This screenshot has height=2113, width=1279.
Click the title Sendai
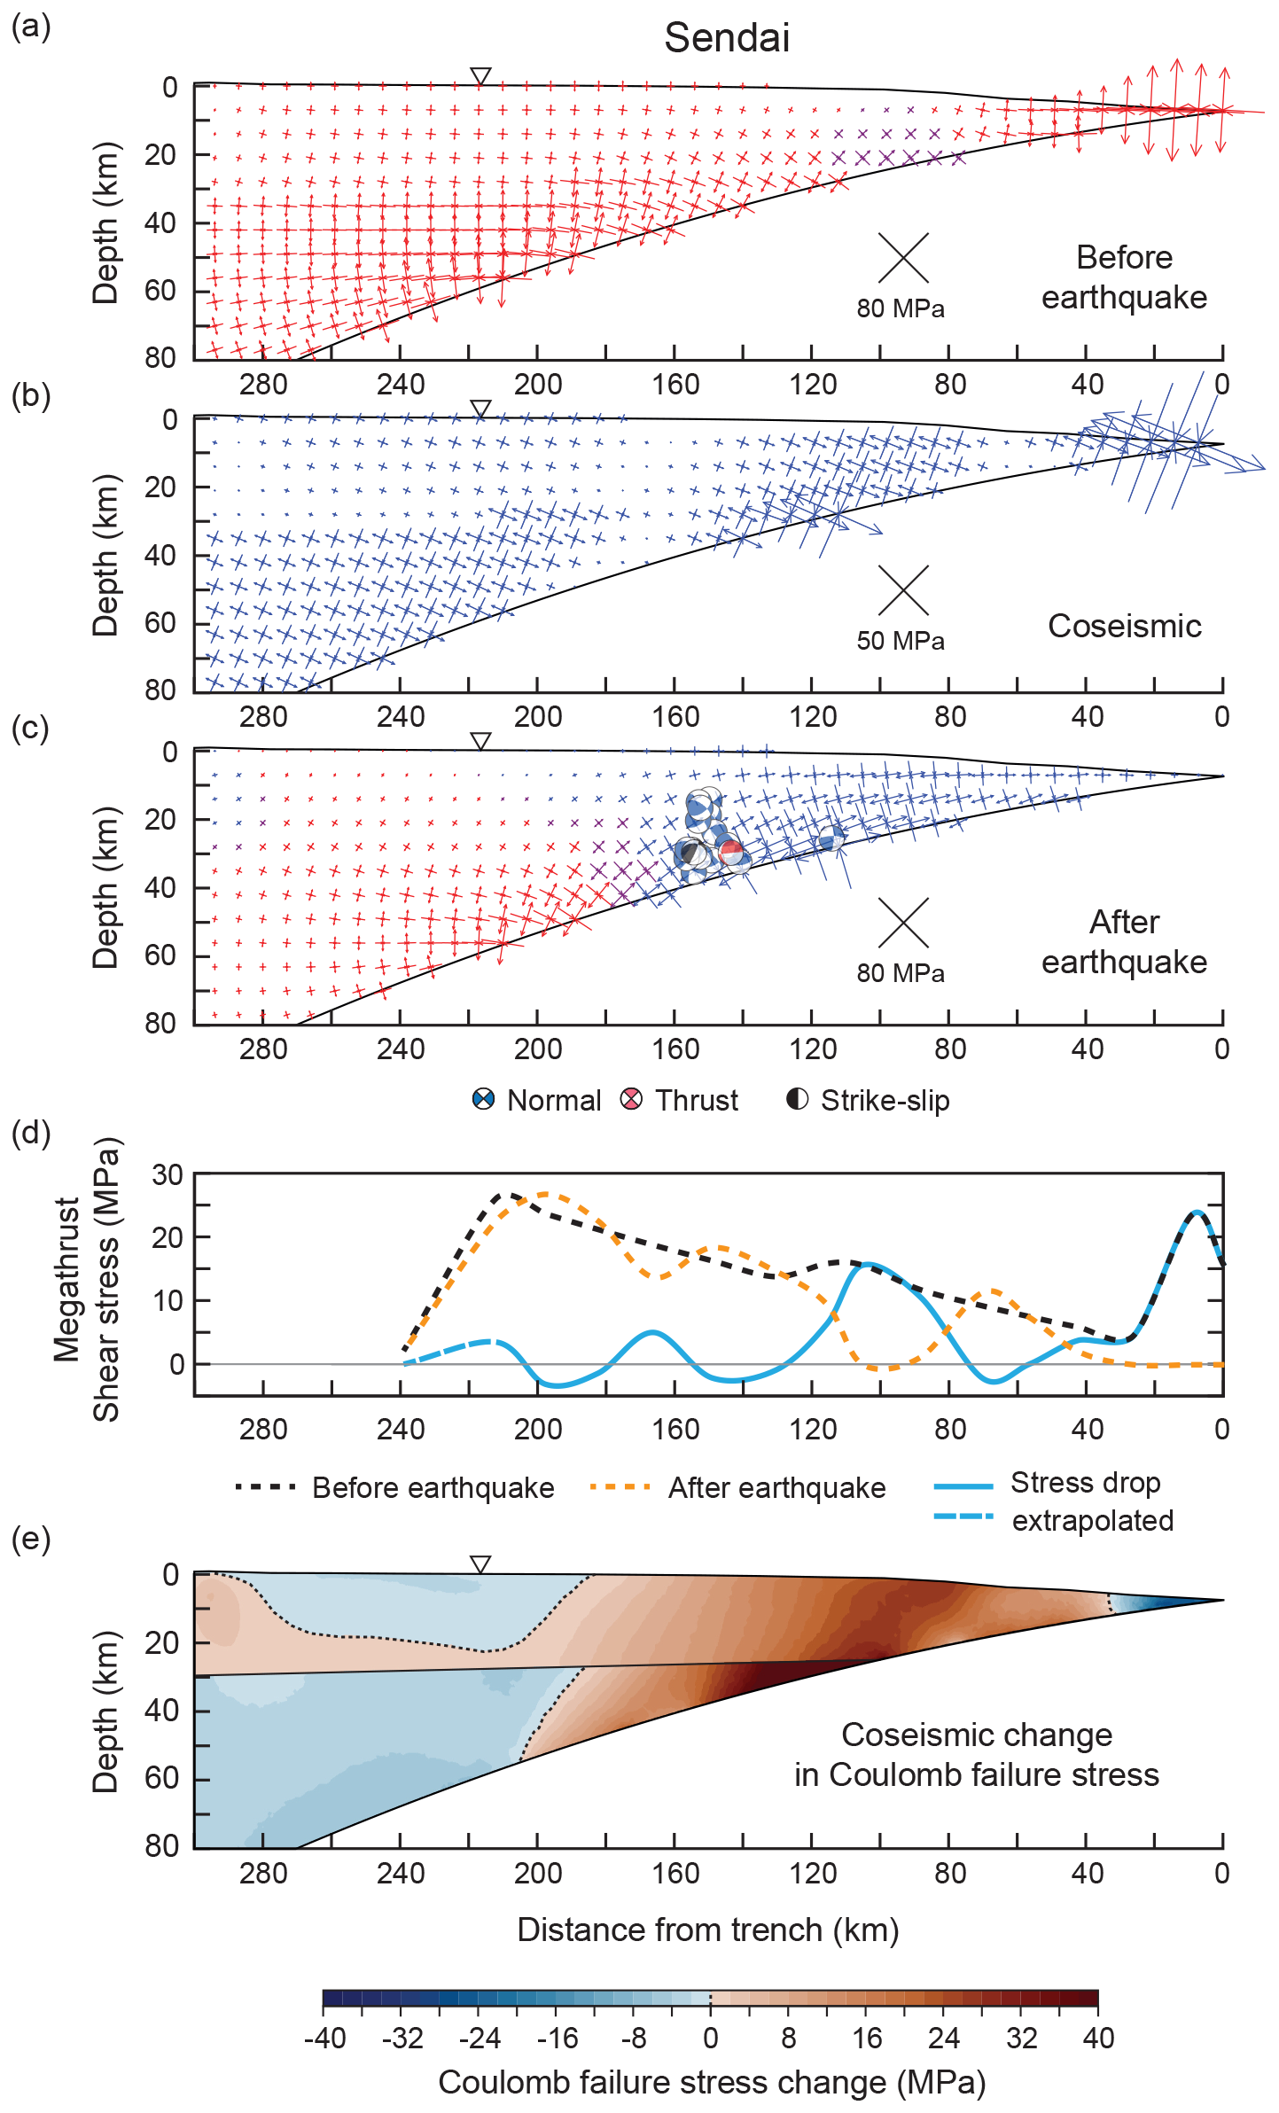click(727, 38)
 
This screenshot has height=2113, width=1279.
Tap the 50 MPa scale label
click(901, 641)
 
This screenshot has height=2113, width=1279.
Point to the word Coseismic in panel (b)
click(1124, 626)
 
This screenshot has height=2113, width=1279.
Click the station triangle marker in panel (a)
click(480, 76)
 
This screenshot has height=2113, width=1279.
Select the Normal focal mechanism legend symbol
click(483, 1100)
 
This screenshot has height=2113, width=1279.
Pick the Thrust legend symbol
click(631, 1100)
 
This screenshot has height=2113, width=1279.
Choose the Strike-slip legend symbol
click(798, 1100)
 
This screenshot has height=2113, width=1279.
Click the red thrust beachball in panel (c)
click(731, 853)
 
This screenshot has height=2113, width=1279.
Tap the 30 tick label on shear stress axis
click(168, 1175)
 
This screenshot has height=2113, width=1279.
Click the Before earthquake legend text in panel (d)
click(433, 1487)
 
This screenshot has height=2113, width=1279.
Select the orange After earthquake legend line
click(620, 1486)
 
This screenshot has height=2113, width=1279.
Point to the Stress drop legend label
click(1086, 1482)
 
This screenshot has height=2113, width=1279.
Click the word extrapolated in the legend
click(1093, 1520)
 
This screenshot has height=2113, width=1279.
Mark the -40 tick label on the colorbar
click(324, 2039)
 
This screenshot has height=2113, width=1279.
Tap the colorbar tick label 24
click(944, 2039)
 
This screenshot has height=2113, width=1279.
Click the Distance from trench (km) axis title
click(708, 1930)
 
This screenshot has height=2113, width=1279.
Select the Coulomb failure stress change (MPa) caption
click(712, 2082)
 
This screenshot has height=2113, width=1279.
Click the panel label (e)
click(31, 1540)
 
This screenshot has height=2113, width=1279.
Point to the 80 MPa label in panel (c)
click(901, 973)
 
